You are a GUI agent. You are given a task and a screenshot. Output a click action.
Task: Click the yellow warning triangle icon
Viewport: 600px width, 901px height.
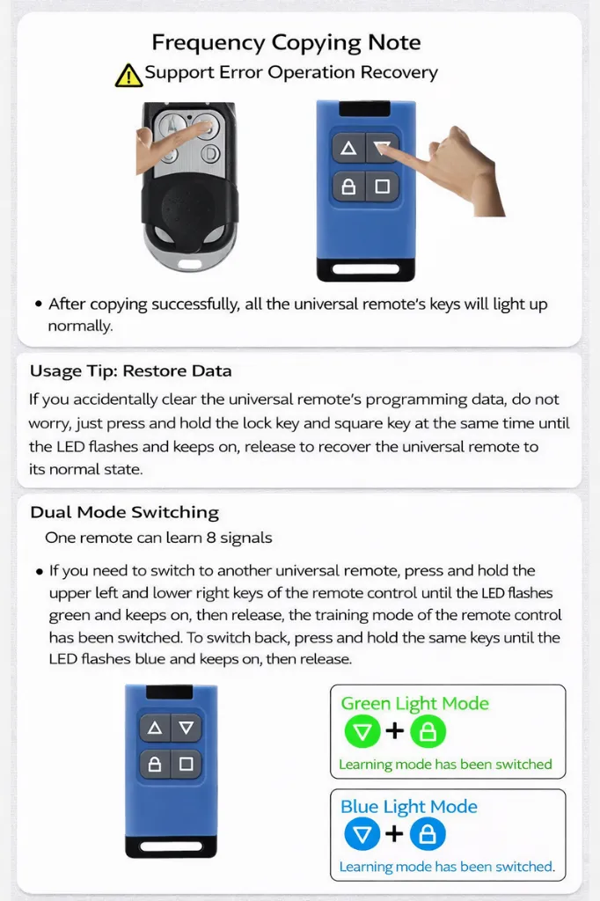(128, 76)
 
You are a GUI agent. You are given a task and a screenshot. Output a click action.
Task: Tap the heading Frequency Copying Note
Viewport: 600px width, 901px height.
(286, 42)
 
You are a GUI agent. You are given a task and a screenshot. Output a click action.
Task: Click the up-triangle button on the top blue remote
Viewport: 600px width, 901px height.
(348, 149)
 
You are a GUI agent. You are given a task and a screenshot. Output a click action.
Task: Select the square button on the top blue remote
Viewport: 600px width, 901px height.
(382, 187)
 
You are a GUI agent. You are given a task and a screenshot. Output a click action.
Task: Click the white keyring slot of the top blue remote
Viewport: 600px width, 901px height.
(365, 268)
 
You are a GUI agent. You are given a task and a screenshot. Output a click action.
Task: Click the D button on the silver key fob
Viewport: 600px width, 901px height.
(210, 154)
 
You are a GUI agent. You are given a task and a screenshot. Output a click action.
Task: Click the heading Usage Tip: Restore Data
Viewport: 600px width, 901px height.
(131, 370)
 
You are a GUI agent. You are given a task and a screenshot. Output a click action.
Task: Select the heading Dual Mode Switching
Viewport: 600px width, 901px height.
(125, 512)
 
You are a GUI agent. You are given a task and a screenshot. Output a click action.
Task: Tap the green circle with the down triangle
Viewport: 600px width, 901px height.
(362, 731)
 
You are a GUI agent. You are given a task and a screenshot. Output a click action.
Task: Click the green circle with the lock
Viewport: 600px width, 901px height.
(428, 731)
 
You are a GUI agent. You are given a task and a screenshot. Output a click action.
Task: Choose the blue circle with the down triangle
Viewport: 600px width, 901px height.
(362, 834)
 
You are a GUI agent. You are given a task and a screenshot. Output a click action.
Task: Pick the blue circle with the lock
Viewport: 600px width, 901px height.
(428, 834)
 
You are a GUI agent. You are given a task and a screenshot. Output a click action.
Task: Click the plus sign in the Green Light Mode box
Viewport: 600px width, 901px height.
(395, 731)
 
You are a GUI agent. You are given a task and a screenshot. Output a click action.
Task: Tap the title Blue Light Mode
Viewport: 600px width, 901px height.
(408, 807)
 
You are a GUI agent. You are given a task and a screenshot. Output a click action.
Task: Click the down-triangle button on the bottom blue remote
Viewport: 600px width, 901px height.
(187, 728)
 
